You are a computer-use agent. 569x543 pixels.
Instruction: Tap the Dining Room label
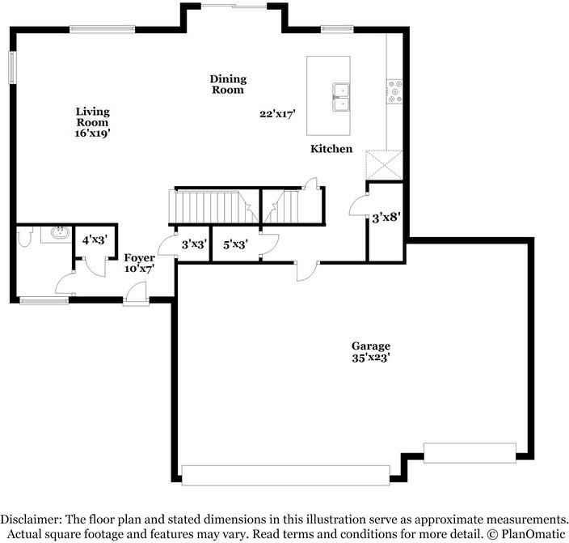click(228, 84)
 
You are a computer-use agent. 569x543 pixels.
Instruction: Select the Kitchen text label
click(332, 149)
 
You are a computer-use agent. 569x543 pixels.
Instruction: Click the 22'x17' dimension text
click(277, 114)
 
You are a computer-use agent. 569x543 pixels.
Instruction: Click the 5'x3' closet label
click(235, 243)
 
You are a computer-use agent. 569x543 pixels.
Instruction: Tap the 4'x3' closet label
click(95, 239)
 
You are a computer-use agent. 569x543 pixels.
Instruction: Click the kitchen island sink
click(339, 96)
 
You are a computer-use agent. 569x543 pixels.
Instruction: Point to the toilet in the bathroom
click(24, 235)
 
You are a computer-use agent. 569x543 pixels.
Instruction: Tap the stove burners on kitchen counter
click(395, 91)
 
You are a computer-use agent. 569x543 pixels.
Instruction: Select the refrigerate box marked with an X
click(384, 165)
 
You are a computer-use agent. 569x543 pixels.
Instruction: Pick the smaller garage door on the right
click(470, 452)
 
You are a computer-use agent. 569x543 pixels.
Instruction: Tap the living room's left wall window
click(12, 67)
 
